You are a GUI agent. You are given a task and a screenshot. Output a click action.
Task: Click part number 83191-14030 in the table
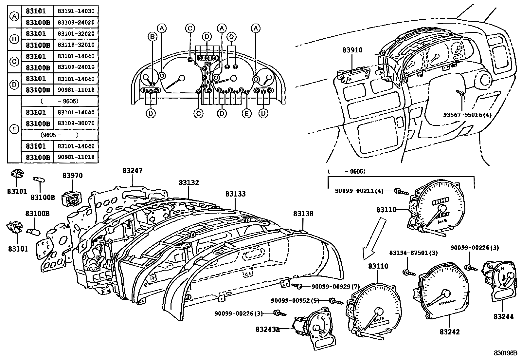click(76, 11)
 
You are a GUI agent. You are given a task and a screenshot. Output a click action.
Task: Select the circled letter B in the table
click(14, 39)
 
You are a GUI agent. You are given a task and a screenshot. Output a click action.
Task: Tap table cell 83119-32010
click(76, 45)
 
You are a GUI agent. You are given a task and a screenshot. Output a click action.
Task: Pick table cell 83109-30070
click(76, 123)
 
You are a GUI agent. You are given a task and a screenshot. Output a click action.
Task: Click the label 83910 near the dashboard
click(352, 50)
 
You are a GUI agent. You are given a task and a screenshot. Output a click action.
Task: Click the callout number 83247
click(133, 171)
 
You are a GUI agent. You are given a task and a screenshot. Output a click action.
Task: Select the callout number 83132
click(189, 183)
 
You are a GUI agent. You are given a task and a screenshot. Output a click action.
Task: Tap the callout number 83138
click(303, 214)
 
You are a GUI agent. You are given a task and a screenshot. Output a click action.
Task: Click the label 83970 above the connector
click(73, 176)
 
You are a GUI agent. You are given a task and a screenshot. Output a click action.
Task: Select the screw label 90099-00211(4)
click(359, 191)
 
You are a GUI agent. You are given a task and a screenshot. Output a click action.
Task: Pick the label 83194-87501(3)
click(413, 253)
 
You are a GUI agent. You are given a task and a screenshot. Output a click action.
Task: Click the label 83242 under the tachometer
click(450, 332)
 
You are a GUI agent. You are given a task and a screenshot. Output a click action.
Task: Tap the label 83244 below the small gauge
click(504, 316)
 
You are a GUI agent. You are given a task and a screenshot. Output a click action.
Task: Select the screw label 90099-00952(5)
click(295, 300)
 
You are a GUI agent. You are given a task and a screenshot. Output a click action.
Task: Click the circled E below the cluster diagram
click(246, 113)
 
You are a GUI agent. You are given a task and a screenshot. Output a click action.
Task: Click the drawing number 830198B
click(505, 353)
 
